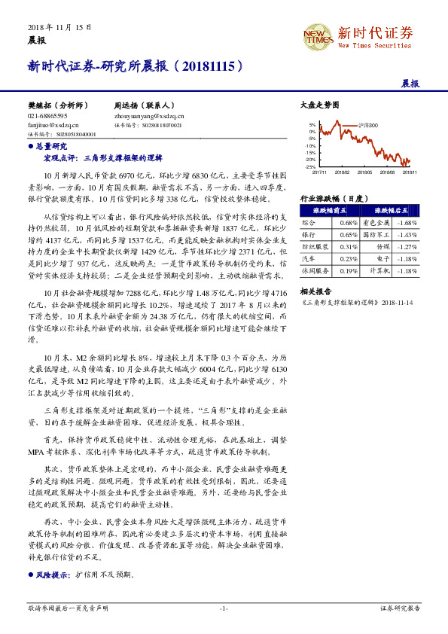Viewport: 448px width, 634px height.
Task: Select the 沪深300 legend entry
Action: [366, 125]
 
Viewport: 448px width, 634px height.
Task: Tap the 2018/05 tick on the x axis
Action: [364, 172]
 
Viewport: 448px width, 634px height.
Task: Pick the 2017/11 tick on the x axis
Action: [319, 172]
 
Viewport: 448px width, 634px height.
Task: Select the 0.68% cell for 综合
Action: [348, 223]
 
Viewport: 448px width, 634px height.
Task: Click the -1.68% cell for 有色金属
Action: [406, 223]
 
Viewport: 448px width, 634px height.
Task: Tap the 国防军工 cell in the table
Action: [376, 235]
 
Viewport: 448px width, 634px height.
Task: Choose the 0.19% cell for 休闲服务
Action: [348, 270]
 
